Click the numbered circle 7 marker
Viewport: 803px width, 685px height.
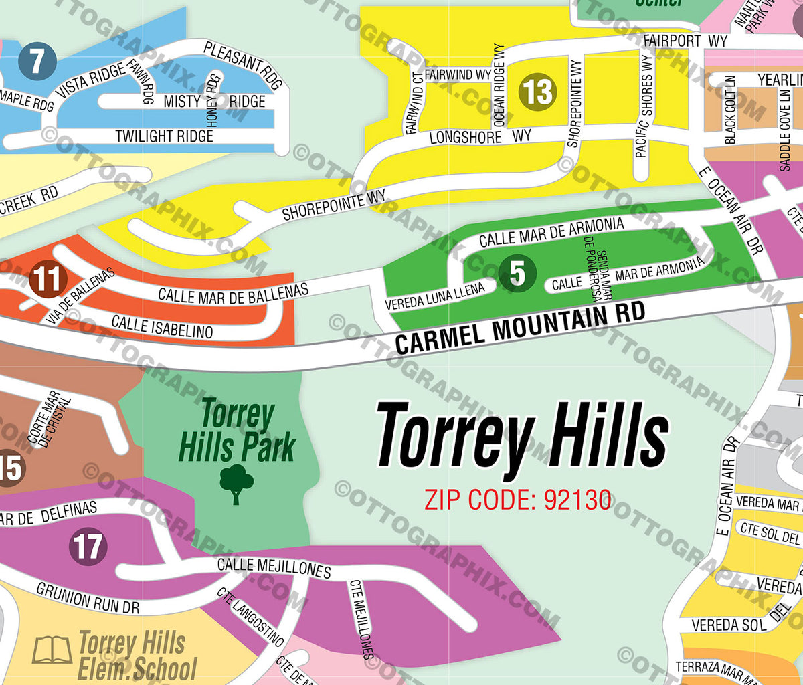37,61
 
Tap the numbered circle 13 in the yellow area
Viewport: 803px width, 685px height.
537,92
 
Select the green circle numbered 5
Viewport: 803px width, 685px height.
517,273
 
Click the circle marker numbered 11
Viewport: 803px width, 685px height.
48,280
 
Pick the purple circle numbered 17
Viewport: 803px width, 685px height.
88,547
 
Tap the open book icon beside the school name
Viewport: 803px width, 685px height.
52,650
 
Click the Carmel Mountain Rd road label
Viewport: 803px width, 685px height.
520,327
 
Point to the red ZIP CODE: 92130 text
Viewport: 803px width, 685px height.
518,500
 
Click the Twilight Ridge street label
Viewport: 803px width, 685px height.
164,136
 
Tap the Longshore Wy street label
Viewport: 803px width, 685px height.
480,137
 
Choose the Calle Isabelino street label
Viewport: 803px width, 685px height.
163,326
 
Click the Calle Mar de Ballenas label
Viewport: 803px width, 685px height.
233,294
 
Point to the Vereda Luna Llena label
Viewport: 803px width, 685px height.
435,297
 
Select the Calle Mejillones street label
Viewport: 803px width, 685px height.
274,567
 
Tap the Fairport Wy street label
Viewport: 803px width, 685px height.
685,41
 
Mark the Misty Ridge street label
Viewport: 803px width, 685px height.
214,102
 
